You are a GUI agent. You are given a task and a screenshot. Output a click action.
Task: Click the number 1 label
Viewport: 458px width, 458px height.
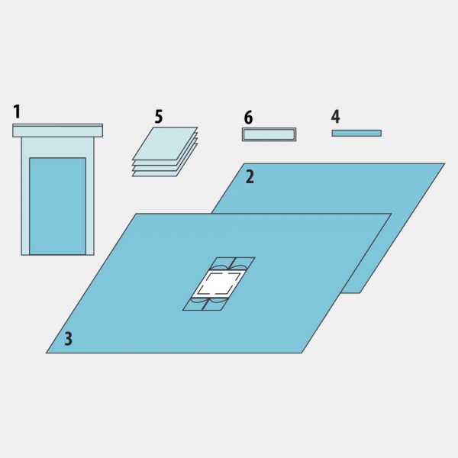(x=18, y=112)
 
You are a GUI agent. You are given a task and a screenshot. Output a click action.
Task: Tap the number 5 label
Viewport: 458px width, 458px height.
(x=159, y=117)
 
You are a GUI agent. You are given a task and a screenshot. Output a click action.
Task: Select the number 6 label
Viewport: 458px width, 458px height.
(x=248, y=118)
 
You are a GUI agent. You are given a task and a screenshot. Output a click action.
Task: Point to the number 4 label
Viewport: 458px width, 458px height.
(x=336, y=116)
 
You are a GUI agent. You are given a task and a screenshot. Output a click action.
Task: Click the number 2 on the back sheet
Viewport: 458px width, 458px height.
(x=250, y=177)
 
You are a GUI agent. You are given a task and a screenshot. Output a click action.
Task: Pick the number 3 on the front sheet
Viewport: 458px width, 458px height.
(x=69, y=339)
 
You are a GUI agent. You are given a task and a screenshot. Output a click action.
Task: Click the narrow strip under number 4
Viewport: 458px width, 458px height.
(x=356, y=133)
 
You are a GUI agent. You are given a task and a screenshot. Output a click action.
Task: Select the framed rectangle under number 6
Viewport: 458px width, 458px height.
(x=269, y=134)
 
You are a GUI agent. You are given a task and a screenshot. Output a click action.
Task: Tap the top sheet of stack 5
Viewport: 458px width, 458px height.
(x=165, y=144)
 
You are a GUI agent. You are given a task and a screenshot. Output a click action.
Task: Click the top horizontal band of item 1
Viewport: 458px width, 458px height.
(x=57, y=131)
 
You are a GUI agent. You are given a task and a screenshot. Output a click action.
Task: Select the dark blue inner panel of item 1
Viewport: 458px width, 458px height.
(x=57, y=206)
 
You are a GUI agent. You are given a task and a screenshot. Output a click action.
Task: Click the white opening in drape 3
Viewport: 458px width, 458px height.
(x=219, y=284)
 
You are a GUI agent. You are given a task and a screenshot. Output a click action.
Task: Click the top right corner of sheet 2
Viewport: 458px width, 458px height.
(x=444, y=163)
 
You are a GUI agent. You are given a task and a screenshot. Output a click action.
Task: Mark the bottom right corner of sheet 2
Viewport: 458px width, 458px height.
(x=360, y=292)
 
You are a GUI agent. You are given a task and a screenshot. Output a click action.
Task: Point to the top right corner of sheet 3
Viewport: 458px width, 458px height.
(x=392, y=214)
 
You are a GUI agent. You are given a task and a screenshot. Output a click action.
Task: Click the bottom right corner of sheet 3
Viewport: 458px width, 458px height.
(x=302, y=353)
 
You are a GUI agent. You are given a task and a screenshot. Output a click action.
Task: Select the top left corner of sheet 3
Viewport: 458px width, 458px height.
(x=136, y=214)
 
